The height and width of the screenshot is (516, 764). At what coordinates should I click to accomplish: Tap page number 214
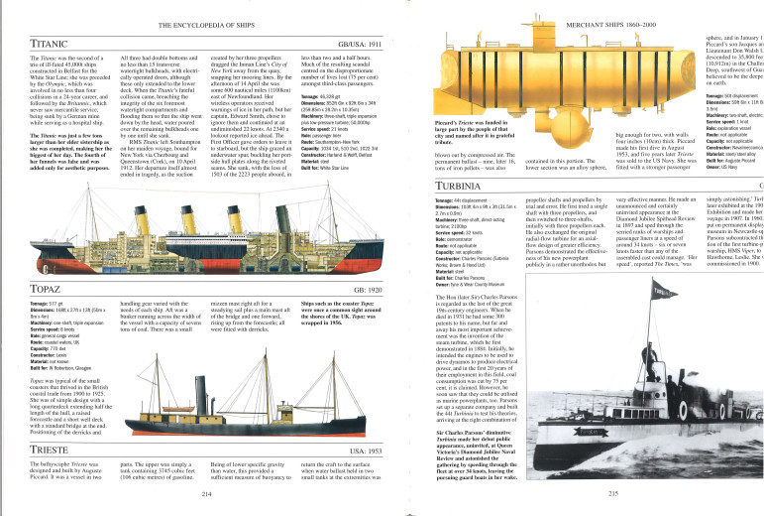(207, 491)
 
